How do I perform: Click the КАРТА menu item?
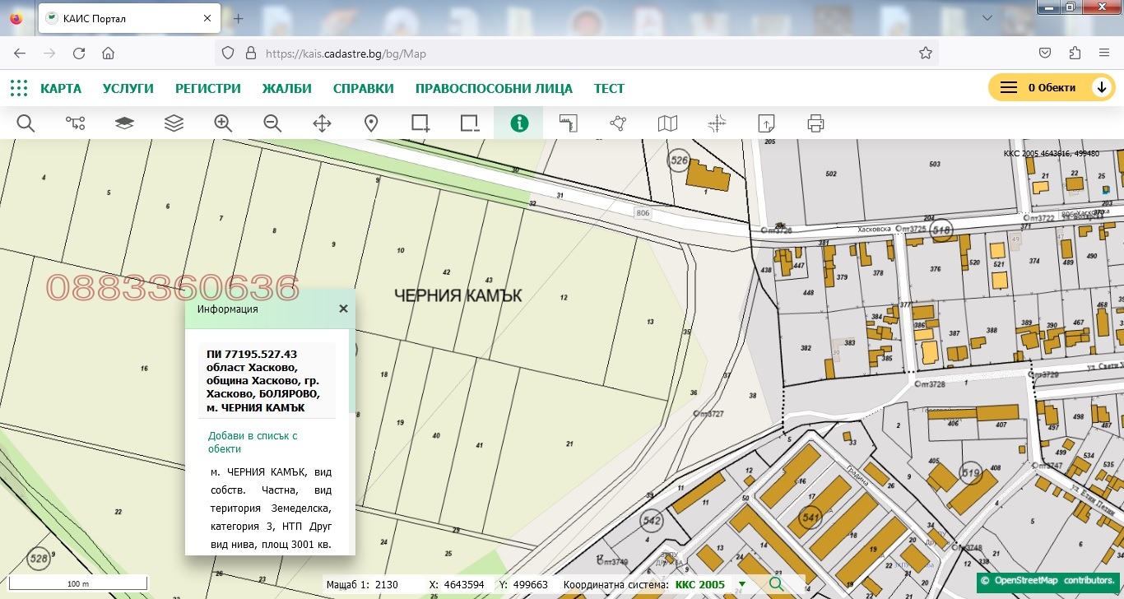[x=60, y=89]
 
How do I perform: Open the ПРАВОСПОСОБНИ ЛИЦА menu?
[x=494, y=89]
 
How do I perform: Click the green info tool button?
[x=518, y=123]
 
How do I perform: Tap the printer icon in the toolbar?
[x=815, y=123]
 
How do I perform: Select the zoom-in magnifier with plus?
[x=223, y=123]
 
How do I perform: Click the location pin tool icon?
[x=371, y=123]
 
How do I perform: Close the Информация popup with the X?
[x=343, y=309]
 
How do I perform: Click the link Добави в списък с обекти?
[x=253, y=442]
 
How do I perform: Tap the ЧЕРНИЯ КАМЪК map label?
[x=458, y=295]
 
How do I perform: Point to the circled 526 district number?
[x=679, y=161]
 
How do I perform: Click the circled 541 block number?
[x=810, y=518]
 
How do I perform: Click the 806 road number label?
[x=643, y=213]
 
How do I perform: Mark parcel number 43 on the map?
[x=489, y=280]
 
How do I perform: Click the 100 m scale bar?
[x=78, y=583]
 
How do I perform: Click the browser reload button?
[x=79, y=53]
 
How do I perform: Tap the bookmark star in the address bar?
[x=925, y=53]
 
